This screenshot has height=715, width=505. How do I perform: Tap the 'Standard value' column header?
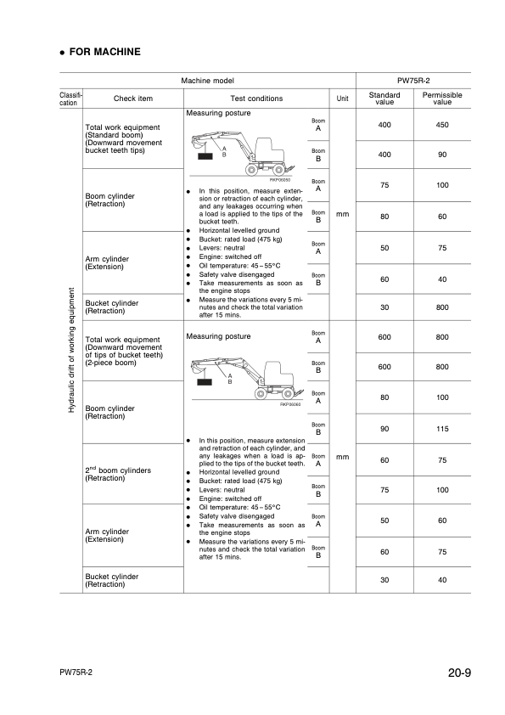(x=384, y=99)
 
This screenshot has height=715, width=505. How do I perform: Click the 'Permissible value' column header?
(x=442, y=99)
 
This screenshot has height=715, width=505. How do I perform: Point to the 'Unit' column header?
(x=343, y=99)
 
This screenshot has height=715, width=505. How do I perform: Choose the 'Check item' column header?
(x=133, y=99)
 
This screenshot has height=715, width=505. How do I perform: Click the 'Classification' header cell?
(x=69, y=99)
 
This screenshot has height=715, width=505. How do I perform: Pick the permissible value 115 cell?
(x=442, y=430)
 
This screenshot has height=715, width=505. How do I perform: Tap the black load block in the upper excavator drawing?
(x=205, y=157)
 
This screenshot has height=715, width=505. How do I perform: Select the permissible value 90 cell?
(x=442, y=155)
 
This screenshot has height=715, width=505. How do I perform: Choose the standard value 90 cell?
(x=384, y=430)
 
